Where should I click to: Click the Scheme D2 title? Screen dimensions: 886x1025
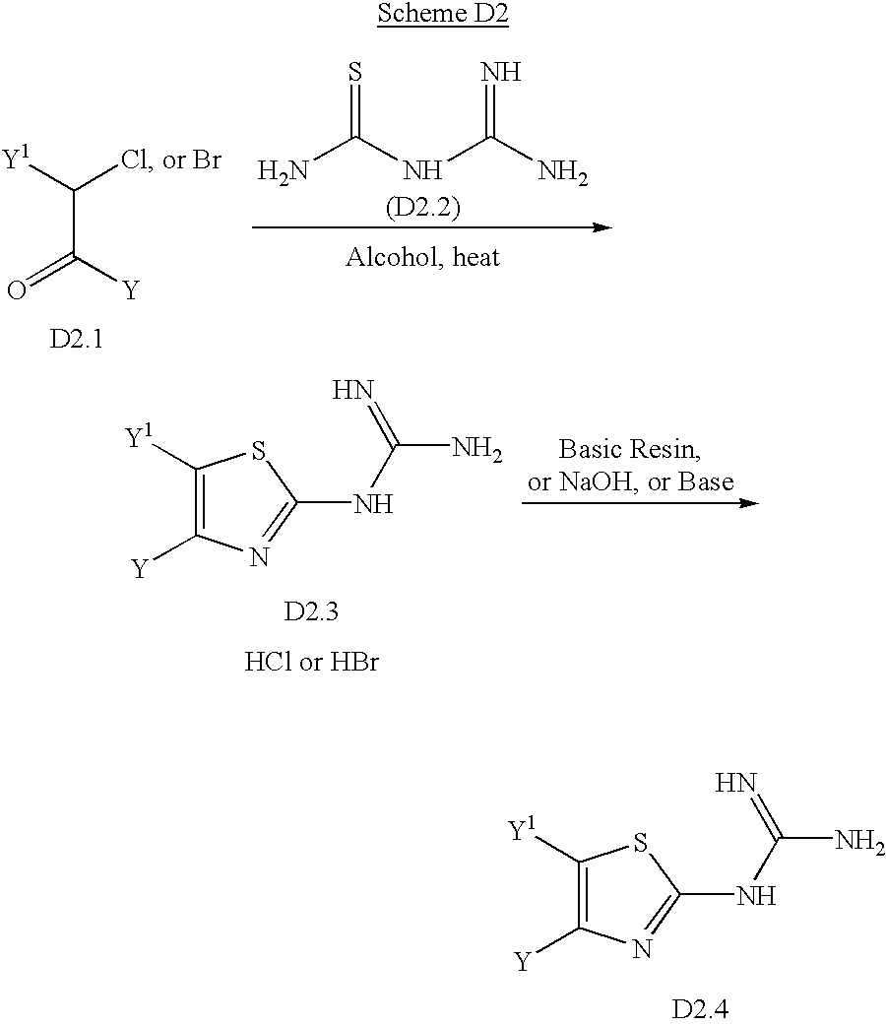tap(442, 13)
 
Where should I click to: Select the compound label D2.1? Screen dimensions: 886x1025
tap(77, 339)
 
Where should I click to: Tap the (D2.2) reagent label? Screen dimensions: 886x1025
tap(423, 207)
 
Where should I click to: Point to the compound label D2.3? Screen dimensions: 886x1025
tap(311, 611)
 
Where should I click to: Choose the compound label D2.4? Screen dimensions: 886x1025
tap(700, 1008)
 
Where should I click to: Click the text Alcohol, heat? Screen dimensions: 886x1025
tap(422, 257)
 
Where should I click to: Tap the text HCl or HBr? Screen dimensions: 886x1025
tap(312, 662)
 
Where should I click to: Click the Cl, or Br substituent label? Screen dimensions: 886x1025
tap(171, 160)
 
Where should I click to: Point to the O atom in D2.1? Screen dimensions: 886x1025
tap(17, 289)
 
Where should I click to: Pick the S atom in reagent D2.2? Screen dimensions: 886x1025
tap(354, 72)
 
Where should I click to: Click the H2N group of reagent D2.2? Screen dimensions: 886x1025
tap(283, 172)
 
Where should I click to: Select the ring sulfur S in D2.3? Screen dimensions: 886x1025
tap(259, 450)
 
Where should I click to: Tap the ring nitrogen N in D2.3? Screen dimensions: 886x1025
tap(259, 557)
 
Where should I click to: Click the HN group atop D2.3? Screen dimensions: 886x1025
tap(352, 390)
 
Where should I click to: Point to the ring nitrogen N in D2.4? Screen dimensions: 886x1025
tap(642, 948)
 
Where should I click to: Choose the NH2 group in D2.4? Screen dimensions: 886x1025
tap(860, 841)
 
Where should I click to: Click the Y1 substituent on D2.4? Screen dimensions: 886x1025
tap(522, 831)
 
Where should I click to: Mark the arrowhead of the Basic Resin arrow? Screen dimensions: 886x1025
tap(749, 503)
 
